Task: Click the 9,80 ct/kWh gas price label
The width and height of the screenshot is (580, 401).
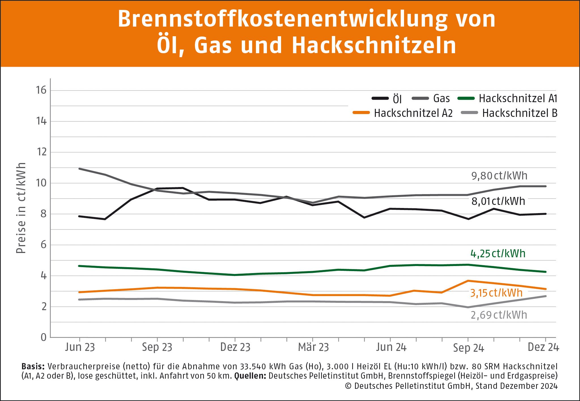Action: click(499, 176)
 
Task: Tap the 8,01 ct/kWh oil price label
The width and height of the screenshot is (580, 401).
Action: click(498, 201)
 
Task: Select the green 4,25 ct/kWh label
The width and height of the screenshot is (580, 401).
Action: click(498, 253)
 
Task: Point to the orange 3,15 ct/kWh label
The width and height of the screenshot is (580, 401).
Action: click(496, 293)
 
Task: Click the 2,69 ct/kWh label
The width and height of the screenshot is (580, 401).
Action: click(499, 315)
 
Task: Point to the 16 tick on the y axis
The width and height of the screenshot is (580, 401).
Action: click(41, 90)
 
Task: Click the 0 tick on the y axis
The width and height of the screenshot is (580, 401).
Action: click(43, 337)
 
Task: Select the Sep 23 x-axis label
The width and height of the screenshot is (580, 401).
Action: click(157, 347)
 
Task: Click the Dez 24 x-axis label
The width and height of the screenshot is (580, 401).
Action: click(543, 347)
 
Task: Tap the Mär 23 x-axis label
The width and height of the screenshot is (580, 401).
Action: click(313, 347)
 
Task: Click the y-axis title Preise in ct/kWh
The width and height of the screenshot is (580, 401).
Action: click(21, 208)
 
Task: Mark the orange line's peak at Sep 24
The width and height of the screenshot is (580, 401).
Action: click(468, 281)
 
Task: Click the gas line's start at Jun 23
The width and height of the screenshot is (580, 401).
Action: click(80, 169)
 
